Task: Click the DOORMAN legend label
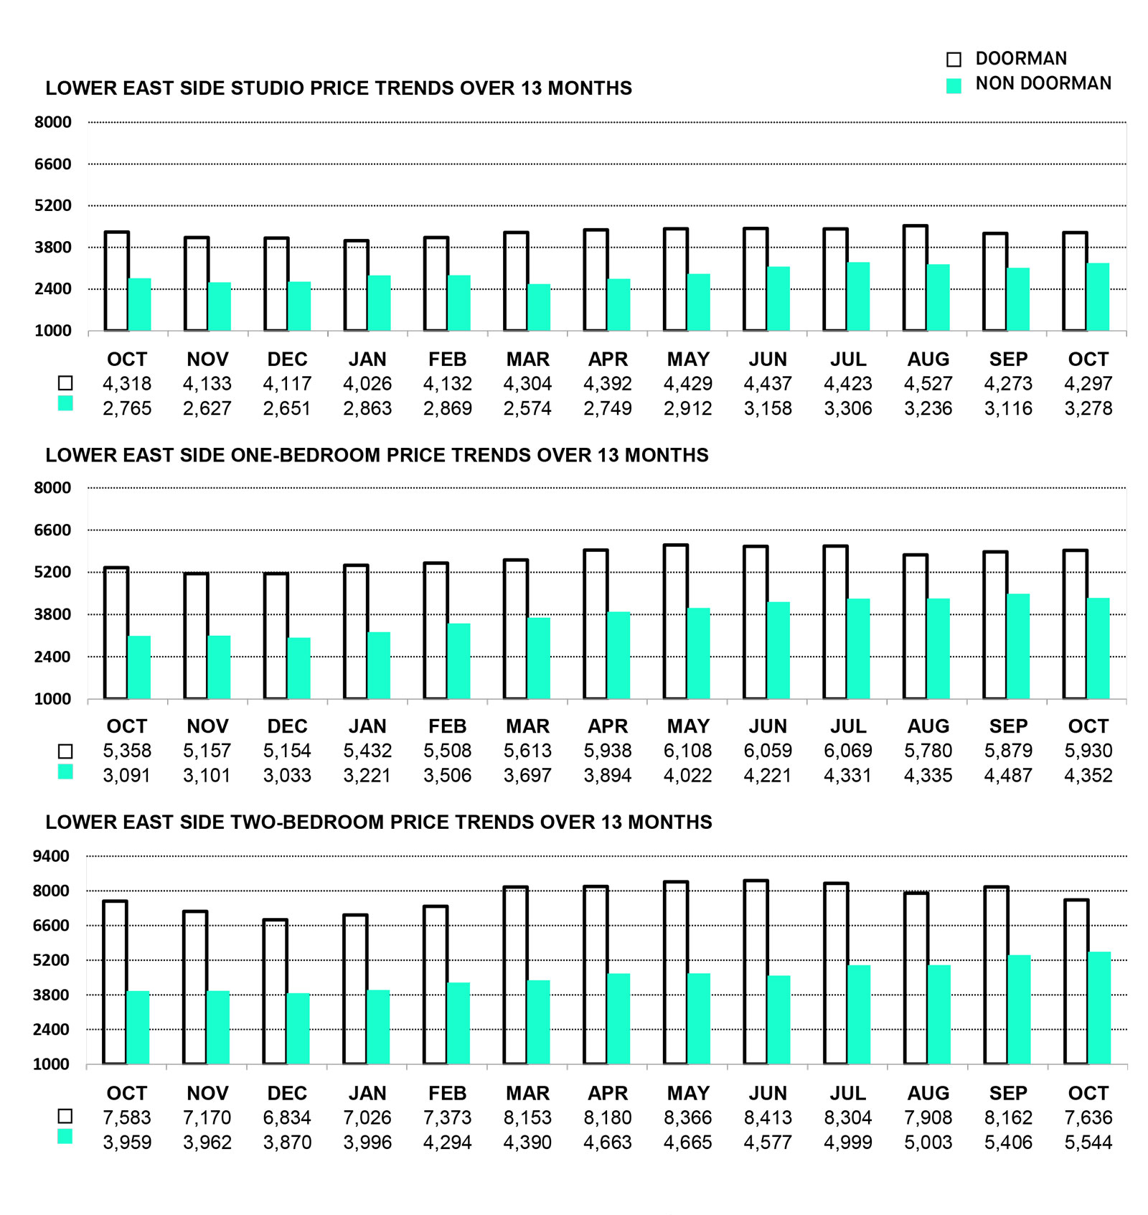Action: pyautogui.click(x=1020, y=59)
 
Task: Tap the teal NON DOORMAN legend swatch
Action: pyautogui.click(x=954, y=86)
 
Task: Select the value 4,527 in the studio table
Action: pyautogui.click(x=928, y=384)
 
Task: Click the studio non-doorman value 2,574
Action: pyautogui.click(x=527, y=409)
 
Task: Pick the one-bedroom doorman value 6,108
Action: pyautogui.click(x=687, y=751)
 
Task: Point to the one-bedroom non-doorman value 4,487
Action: pyautogui.click(x=1008, y=776)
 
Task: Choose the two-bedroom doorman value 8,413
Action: pyautogui.click(x=768, y=1118)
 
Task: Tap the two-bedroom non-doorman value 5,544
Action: pyautogui.click(x=1088, y=1143)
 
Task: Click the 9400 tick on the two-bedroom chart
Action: pyautogui.click(x=52, y=856)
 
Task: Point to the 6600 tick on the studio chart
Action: pyautogui.click(x=53, y=164)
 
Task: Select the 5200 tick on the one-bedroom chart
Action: pyautogui.click(x=53, y=573)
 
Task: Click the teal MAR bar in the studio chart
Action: pyautogui.click(x=539, y=308)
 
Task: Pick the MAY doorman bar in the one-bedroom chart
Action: pyautogui.click(x=676, y=621)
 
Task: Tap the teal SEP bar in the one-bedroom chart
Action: pyautogui.click(x=1018, y=646)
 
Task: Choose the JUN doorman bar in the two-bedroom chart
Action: pyautogui.click(x=756, y=972)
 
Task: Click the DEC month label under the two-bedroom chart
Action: pyautogui.click(x=287, y=1093)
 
